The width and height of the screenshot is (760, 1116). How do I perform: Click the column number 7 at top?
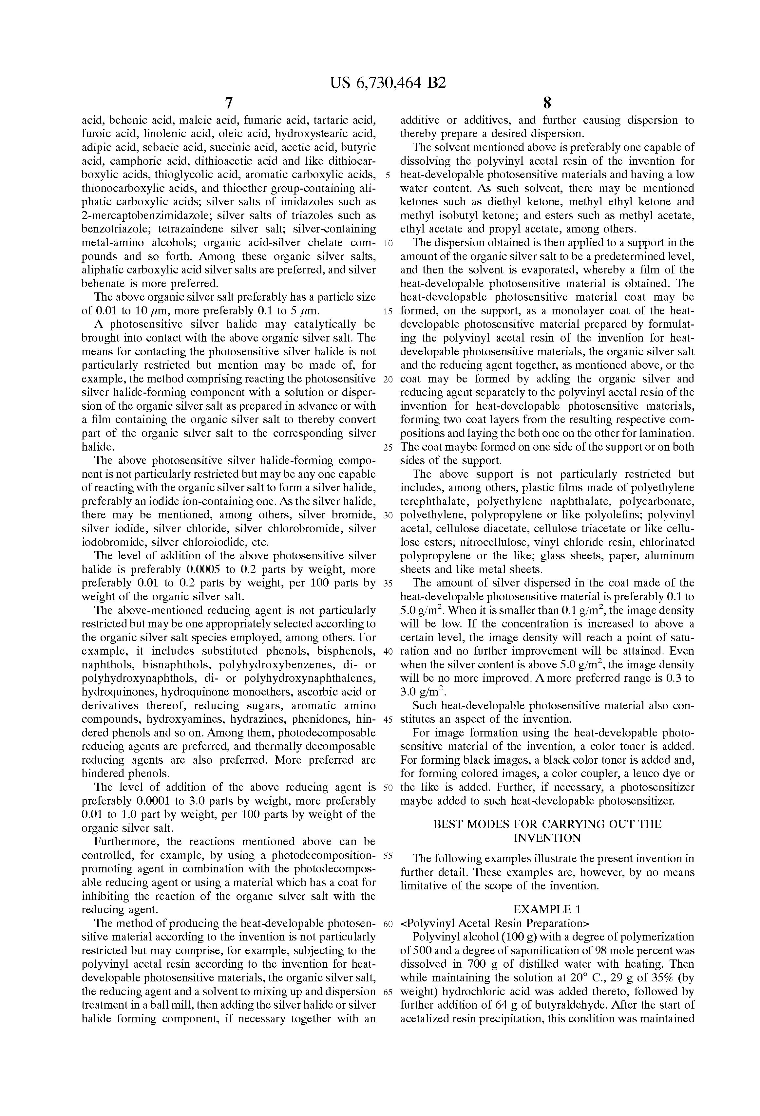point(229,103)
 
